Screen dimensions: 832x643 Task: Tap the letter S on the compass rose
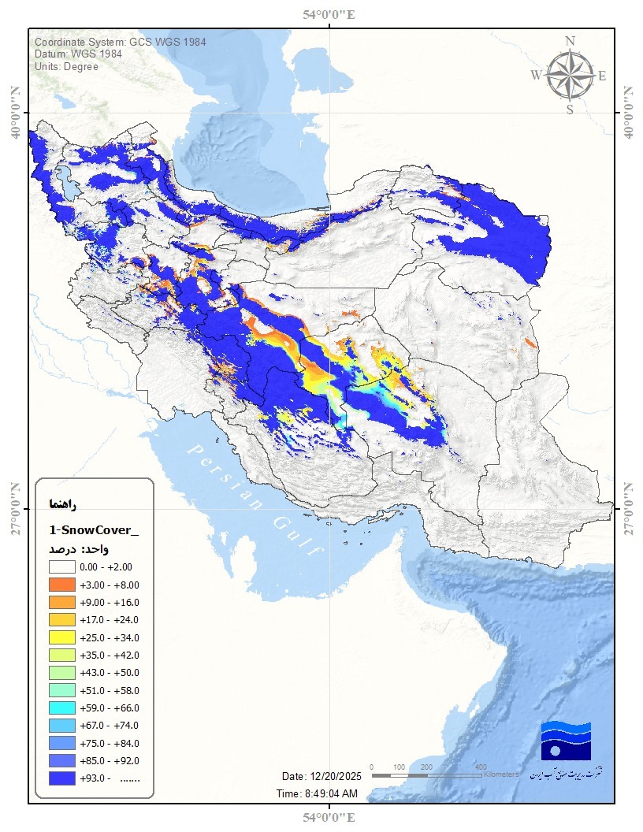(570, 110)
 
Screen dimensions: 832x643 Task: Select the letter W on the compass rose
(536, 76)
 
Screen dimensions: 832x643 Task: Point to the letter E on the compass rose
(602, 76)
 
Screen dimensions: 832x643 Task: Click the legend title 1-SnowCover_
(93, 529)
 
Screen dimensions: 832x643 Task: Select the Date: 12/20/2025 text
(320, 775)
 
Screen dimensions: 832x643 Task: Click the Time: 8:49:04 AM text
(317, 793)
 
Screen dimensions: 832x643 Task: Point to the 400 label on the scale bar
(481, 767)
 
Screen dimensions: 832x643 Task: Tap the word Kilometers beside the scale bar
(502, 774)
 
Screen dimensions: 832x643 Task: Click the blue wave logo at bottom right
(565, 741)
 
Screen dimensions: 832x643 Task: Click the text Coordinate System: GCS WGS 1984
(120, 42)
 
